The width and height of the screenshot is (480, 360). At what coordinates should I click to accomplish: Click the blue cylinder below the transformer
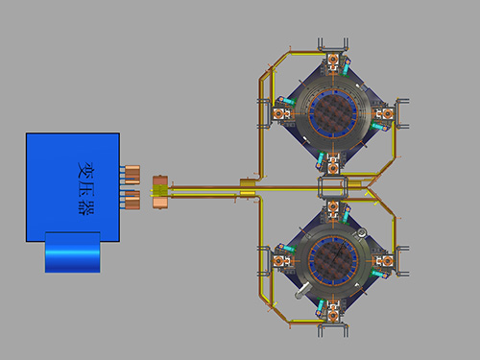pyautogui.click(x=73, y=252)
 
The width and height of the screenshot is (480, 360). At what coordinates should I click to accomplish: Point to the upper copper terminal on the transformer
pyautogui.click(x=132, y=175)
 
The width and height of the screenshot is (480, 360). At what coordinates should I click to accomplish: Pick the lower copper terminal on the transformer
pyautogui.click(x=132, y=200)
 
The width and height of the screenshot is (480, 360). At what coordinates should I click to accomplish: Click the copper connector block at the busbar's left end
pyautogui.click(x=160, y=192)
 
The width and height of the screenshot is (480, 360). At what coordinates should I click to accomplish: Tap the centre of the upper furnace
pyautogui.click(x=333, y=112)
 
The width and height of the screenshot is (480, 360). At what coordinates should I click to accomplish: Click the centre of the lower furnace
pyautogui.click(x=333, y=260)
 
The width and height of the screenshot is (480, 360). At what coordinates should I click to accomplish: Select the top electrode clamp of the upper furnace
pyautogui.click(x=333, y=60)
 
